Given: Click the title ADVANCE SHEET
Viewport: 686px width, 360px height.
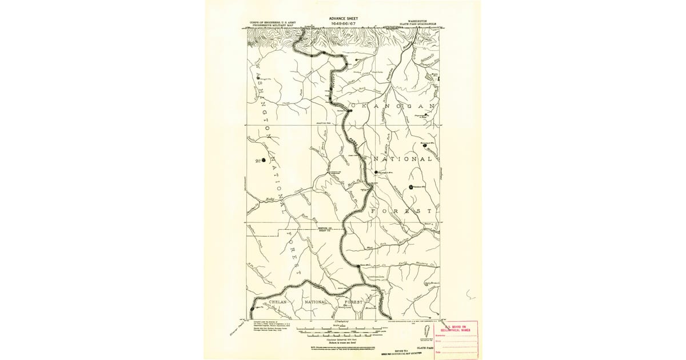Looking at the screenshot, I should tap(342, 18).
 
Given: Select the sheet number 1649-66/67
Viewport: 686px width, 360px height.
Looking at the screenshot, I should tap(342, 23).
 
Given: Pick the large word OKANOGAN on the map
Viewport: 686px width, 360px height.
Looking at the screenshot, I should tap(394, 107).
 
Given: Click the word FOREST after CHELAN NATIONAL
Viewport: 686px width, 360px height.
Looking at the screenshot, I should tap(366, 302).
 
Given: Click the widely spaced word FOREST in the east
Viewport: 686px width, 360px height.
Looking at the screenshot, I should tap(400, 211).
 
